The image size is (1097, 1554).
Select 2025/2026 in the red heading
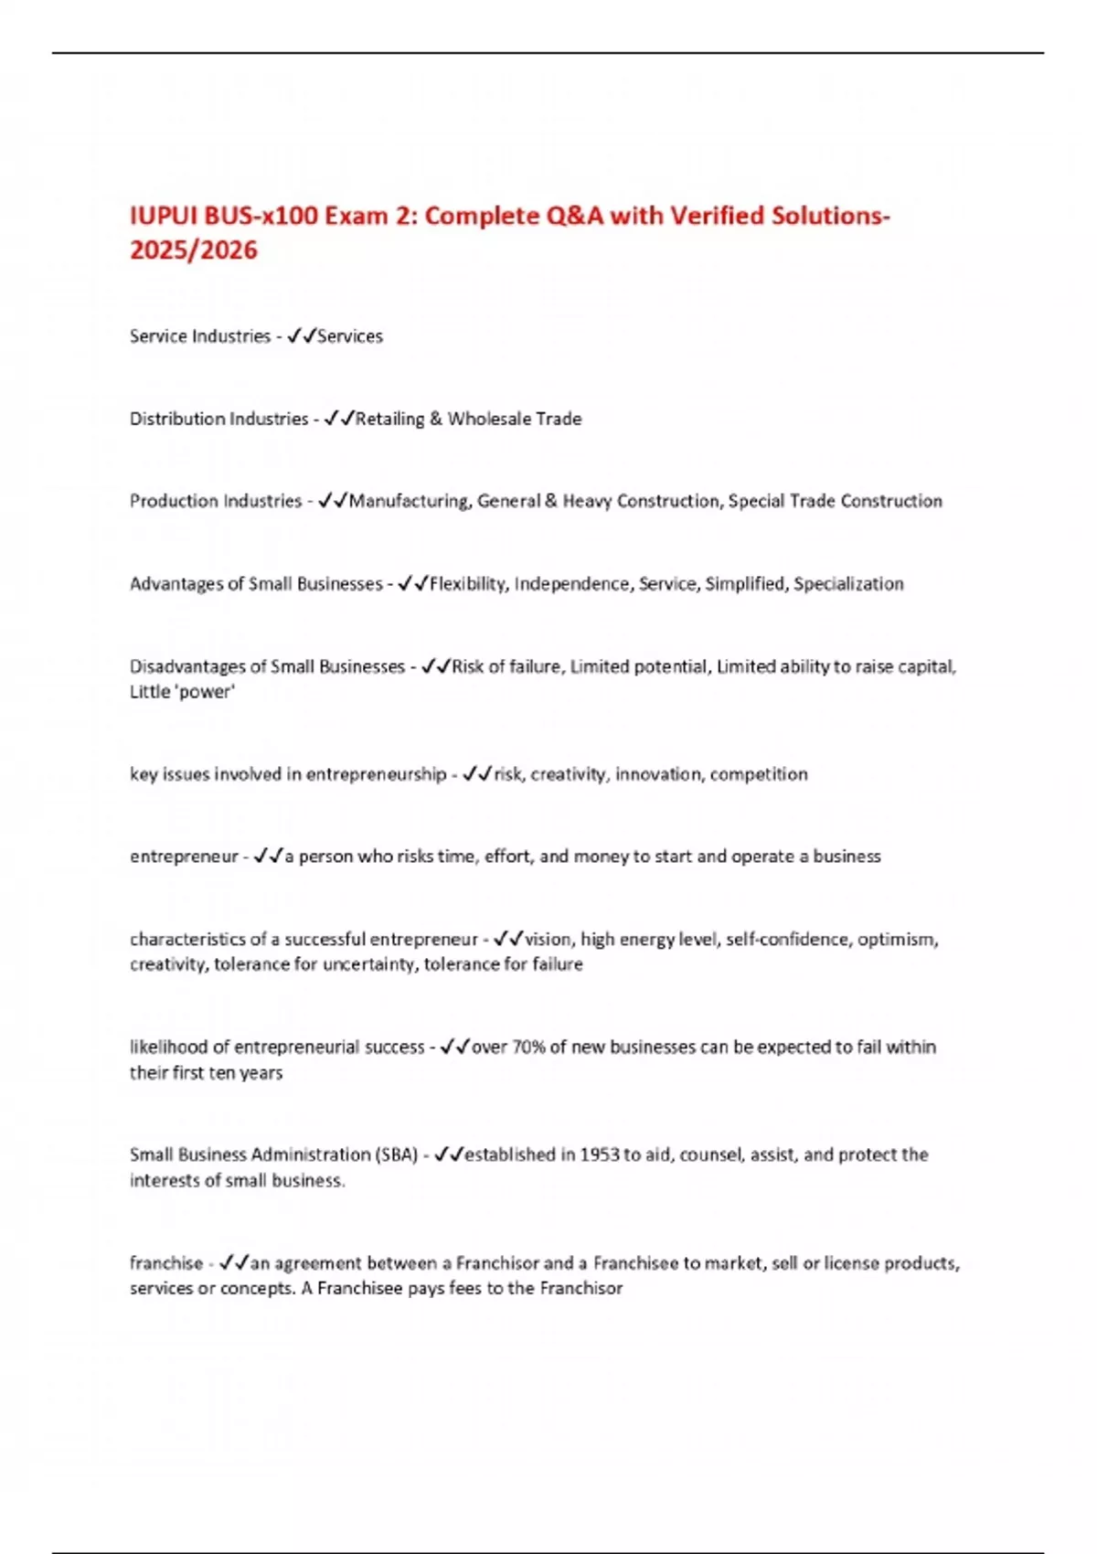click(194, 250)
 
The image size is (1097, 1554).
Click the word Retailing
click(390, 419)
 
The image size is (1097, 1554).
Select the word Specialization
click(848, 584)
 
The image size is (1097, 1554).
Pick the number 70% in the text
click(528, 1047)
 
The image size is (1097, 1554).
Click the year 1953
click(600, 1155)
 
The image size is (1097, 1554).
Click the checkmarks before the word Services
click(301, 336)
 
